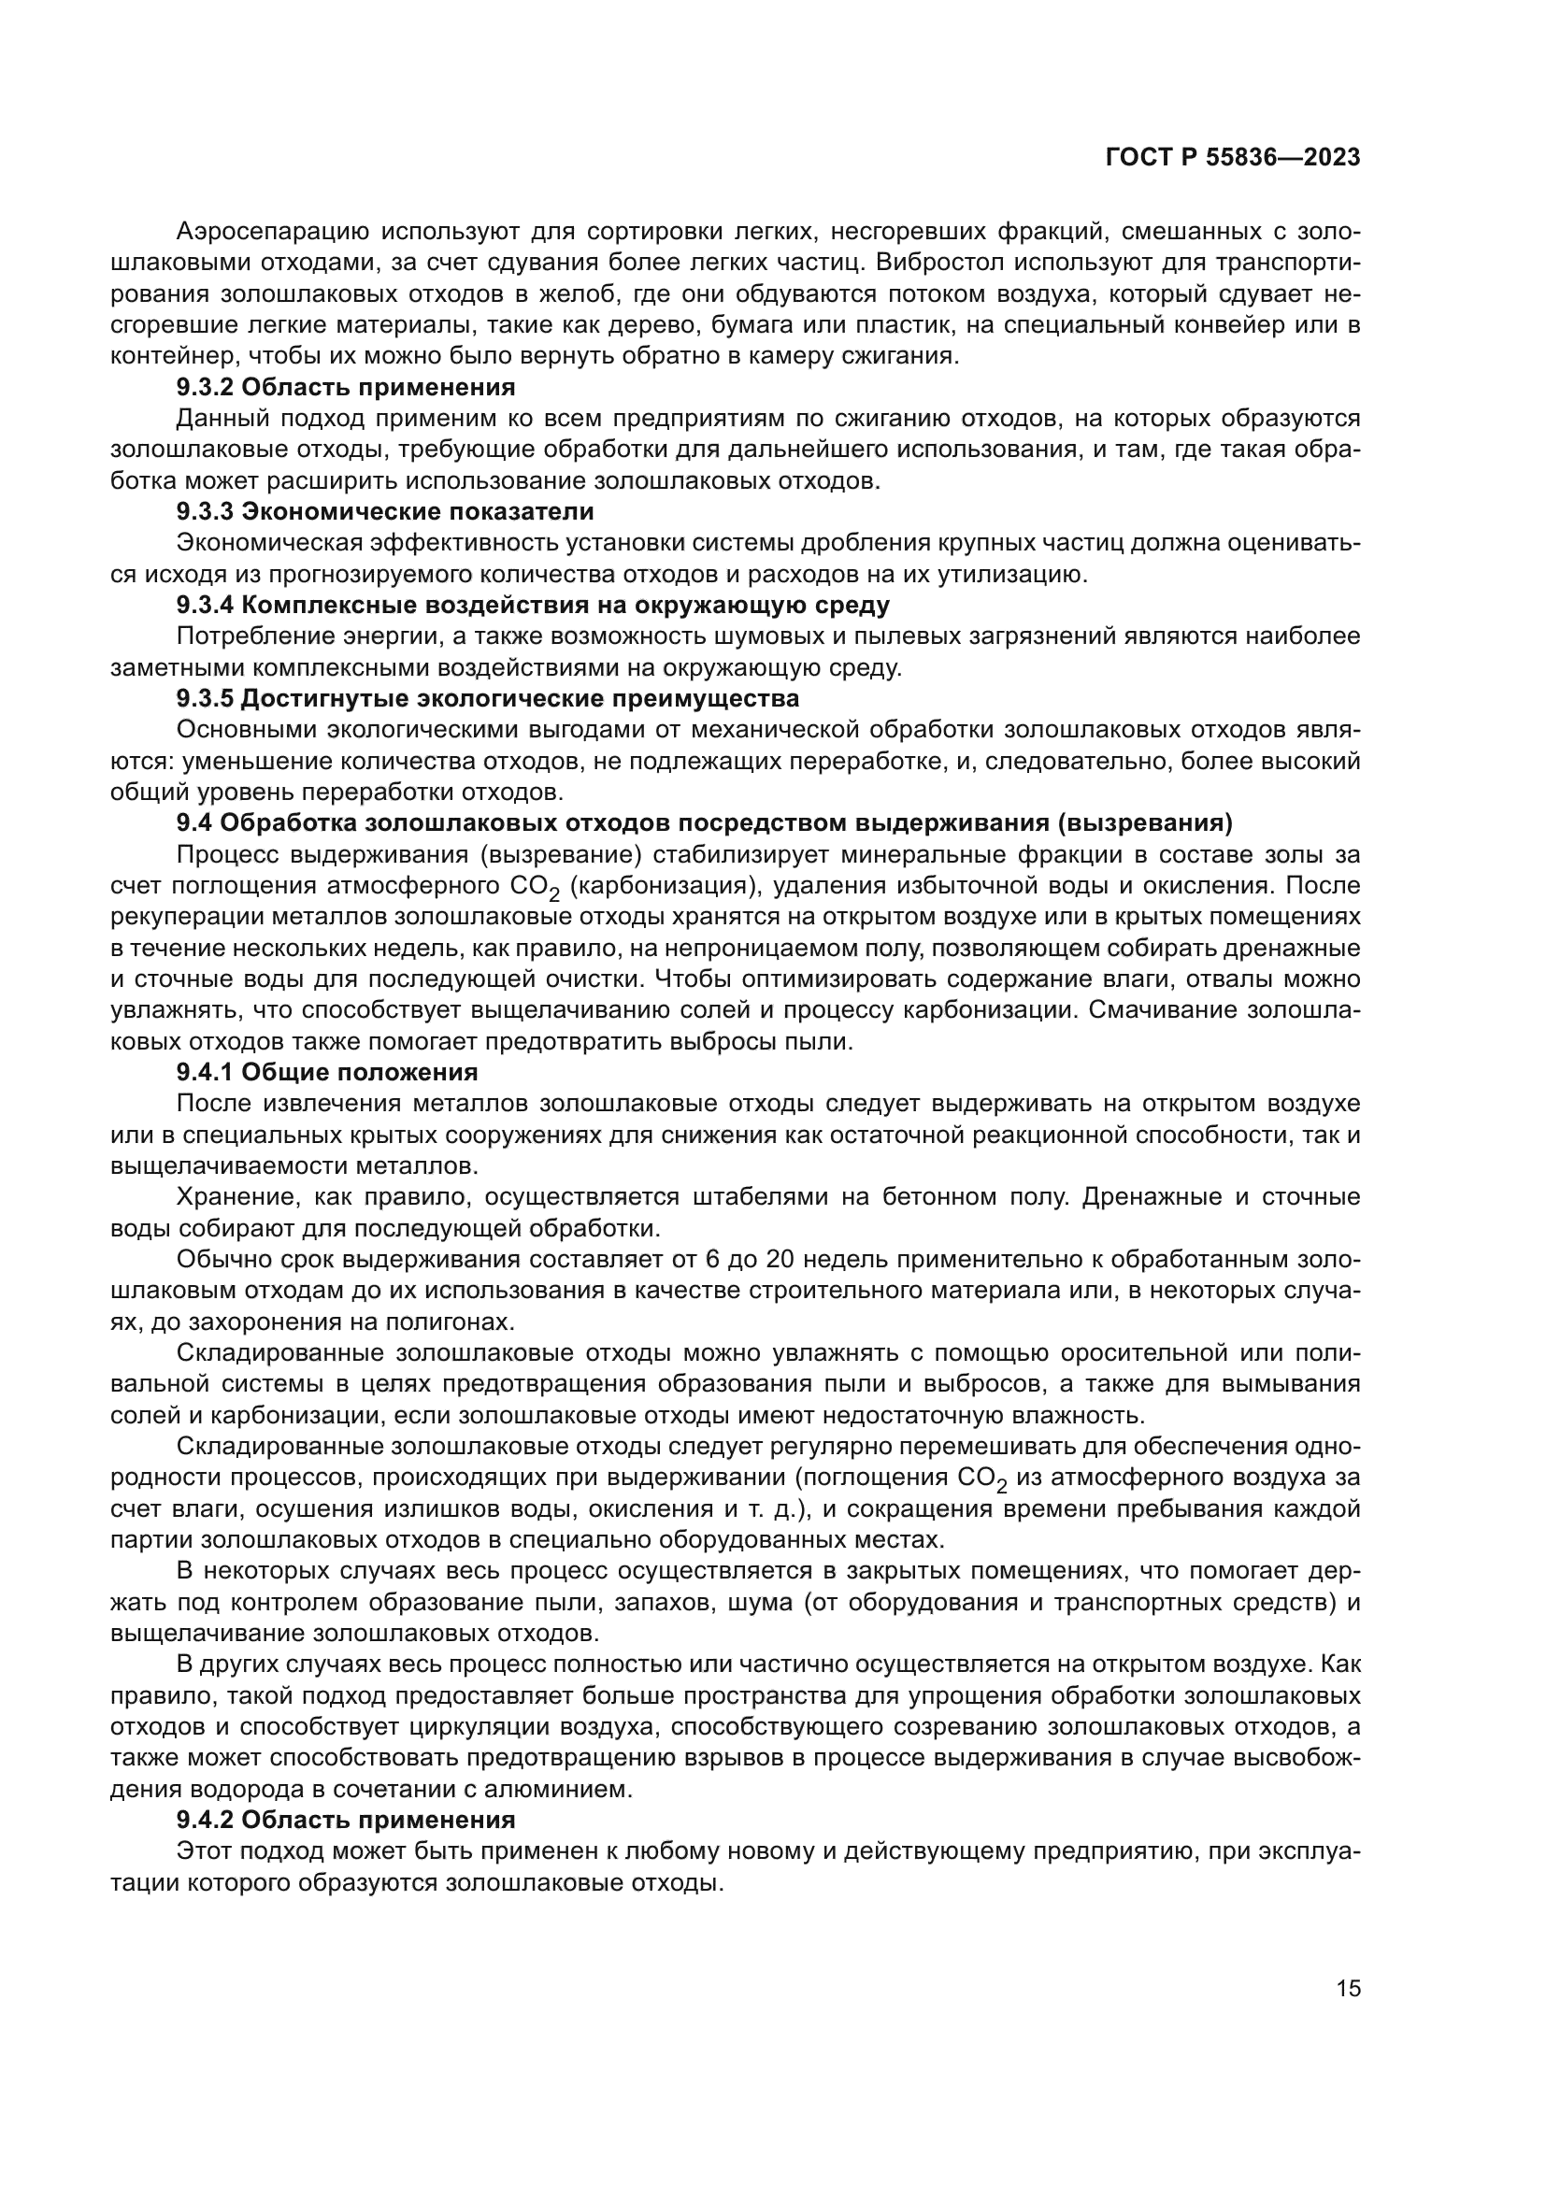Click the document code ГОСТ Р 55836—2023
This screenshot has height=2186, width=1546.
(1233, 158)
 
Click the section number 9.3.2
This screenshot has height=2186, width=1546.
(205, 388)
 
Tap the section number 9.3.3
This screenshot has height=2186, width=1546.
(205, 512)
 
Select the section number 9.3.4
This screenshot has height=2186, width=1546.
(205, 606)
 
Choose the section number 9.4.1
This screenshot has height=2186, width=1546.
(205, 1072)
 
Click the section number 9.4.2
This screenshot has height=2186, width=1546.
(205, 1821)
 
